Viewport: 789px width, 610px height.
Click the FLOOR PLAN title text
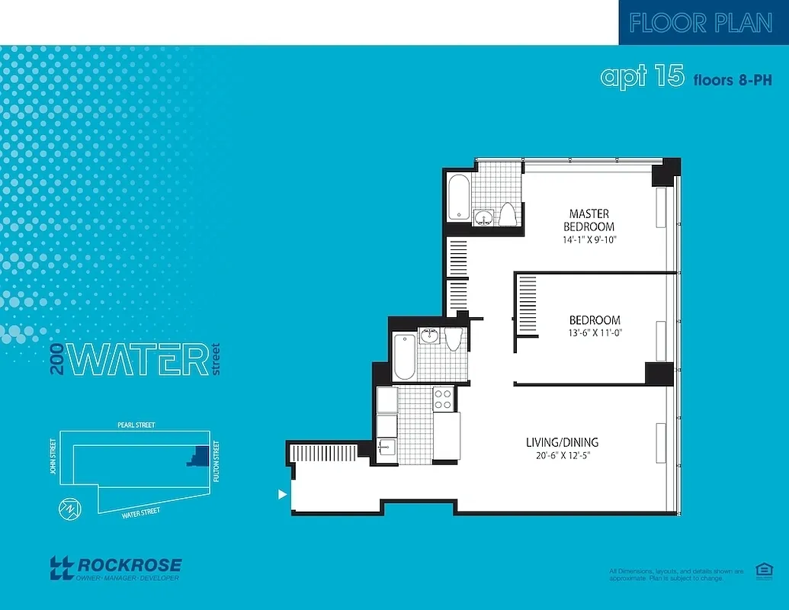(x=701, y=23)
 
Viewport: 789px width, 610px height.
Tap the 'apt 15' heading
(x=642, y=76)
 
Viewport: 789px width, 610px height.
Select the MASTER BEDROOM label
(x=589, y=220)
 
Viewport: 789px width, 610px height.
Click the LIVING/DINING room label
(x=562, y=442)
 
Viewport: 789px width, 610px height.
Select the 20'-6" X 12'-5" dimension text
(x=562, y=456)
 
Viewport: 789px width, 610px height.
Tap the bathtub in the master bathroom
(x=458, y=197)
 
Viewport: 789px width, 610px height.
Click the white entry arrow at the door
(x=283, y=494)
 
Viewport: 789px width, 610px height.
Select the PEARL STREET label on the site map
(x=136, y=425)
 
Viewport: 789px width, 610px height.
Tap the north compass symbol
(x=69, y=510)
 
